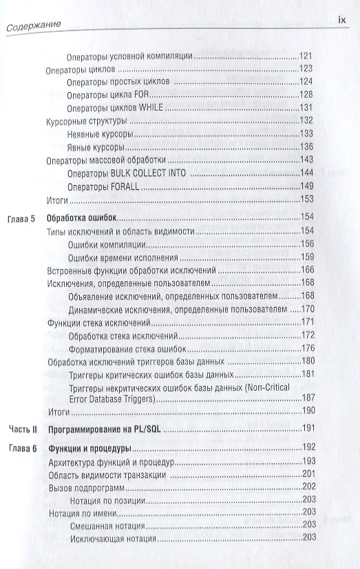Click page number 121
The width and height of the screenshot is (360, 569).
tap(306, 56)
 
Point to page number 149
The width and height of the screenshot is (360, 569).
tap(306, 186)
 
